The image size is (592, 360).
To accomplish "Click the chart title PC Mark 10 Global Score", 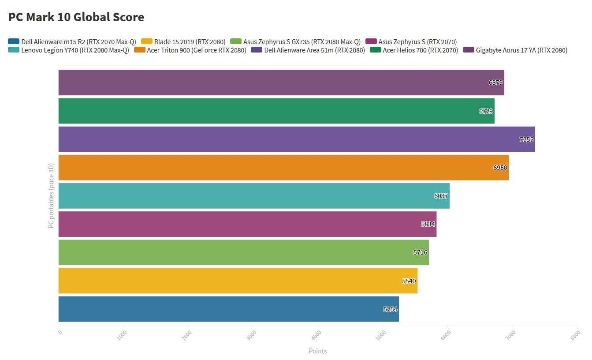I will (76, 17).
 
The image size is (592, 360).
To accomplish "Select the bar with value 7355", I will (296, 139).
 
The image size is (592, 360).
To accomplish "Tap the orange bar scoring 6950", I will (283, 168).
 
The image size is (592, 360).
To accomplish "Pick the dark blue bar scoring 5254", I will (228, 309).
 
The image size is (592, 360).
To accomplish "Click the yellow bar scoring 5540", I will (238, 281).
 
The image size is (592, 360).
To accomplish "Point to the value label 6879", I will (495, 82).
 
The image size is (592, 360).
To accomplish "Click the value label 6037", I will (441, 196).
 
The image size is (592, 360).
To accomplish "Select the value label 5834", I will (428, 224).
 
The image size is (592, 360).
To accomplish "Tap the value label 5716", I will (420, 252).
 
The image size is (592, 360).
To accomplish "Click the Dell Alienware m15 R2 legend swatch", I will (14, 42).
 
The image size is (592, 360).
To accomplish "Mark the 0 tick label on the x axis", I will (60, 332).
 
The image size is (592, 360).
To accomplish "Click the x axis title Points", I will (318, 351).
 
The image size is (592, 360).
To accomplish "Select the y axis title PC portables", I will (51, 196).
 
